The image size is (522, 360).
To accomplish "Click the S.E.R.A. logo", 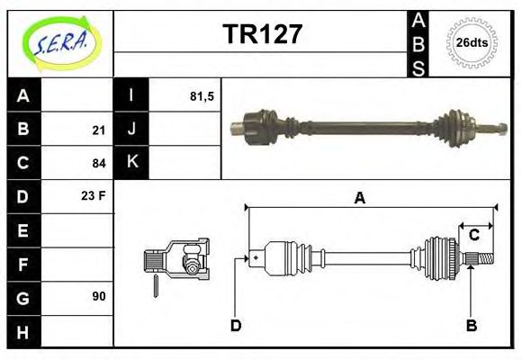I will (59, 41).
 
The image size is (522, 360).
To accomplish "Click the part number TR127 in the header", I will (262, 35).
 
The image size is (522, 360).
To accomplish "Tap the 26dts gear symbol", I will (472, 42).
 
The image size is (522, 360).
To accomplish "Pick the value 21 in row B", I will (99, 130).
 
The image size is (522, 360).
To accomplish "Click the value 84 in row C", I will (99, 163).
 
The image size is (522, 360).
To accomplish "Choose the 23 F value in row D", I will (94, 195).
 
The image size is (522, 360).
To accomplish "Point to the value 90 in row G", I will (99, 295).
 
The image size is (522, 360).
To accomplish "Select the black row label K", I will (131, 163).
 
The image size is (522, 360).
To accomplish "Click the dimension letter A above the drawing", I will (359, 199).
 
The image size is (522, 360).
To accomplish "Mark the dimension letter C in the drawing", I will (472, 236).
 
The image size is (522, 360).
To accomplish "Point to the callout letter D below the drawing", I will (236, 325).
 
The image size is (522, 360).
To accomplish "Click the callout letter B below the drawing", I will (471, 325).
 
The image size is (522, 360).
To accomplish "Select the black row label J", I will (131, 130).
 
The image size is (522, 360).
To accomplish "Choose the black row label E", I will (23, 229).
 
